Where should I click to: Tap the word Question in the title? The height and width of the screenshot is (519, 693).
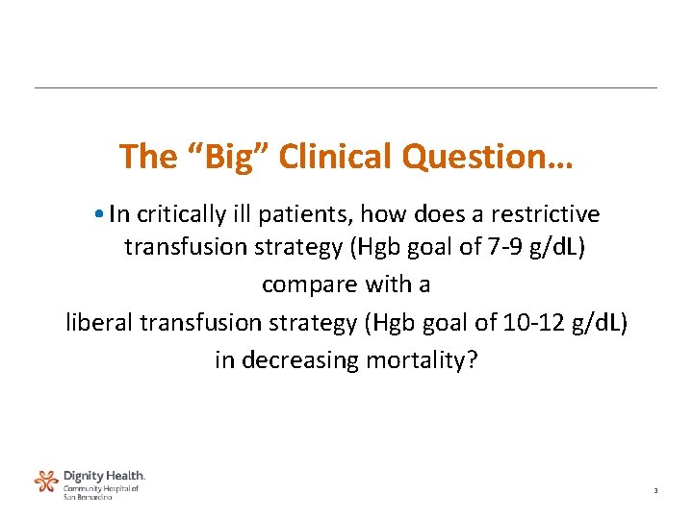point(478,157)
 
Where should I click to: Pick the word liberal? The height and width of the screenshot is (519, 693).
point(99,322)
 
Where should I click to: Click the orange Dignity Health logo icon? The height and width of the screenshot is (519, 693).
point(45,482)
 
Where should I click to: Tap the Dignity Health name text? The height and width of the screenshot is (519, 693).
point(104,476)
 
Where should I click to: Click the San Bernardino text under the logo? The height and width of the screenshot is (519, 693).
point(88,496)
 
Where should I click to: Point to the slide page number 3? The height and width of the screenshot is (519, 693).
point(654,491)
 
